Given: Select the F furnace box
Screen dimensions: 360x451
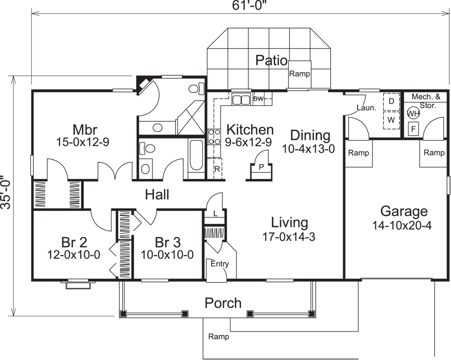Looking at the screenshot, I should (413, 129).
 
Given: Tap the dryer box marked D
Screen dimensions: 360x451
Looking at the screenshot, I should (391, 102).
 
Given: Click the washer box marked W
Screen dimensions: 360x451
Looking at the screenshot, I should (391, 120).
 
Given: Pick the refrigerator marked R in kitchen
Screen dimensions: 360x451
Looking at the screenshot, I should (217, 170).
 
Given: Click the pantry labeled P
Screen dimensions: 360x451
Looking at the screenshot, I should (261, 166).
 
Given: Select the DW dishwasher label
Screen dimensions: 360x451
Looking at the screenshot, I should (258, 98).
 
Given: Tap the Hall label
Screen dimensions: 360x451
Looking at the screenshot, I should (157, 195).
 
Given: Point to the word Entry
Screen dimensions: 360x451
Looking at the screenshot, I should (220, 264).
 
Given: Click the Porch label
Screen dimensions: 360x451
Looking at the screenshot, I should (223, 303).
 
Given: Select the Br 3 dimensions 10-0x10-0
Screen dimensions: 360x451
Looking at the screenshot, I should (167, 254).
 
